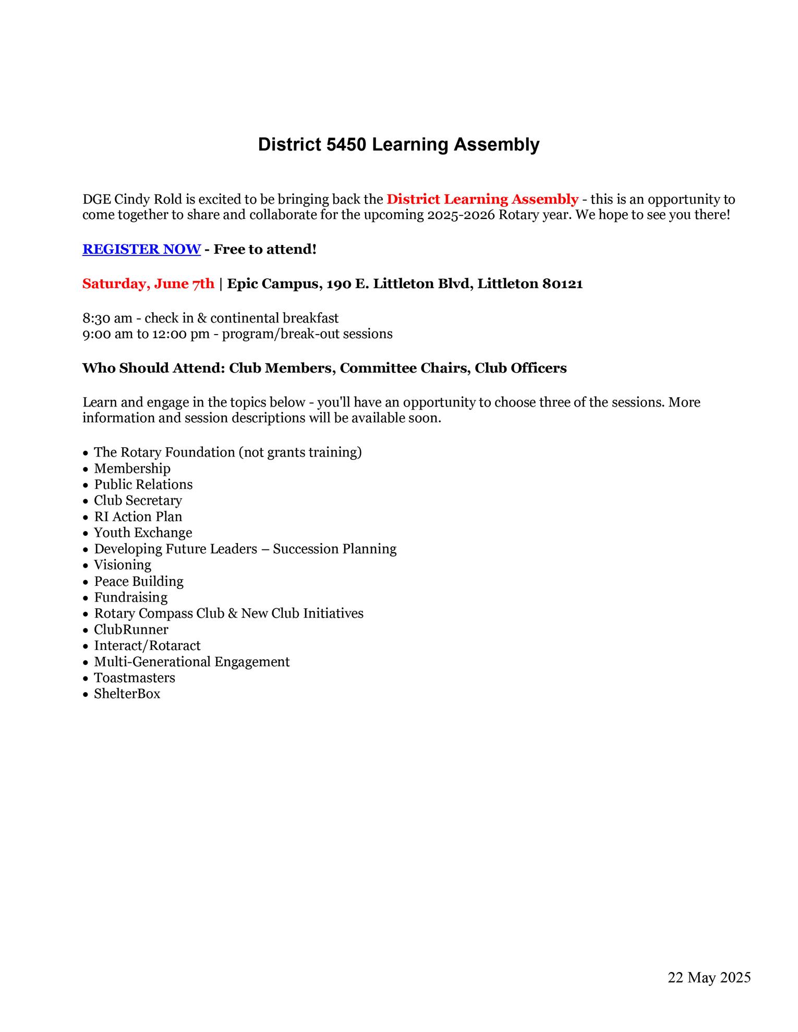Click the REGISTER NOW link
tap(141, 249)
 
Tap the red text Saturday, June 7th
tap(148, 284)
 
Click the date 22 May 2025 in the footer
tap(709, 977)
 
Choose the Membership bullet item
tap(132, 469)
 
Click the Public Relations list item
tap(143, 485)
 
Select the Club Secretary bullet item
tap(138, 501)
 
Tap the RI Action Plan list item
tap(138, 517)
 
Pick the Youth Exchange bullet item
tap(143, 533)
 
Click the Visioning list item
tap(123, 565)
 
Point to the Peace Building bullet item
tap(139, 581)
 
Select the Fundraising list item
tap(130, 597)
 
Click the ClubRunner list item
tap(131, 630)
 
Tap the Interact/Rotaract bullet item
tap(147, 646)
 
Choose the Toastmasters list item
tap(135, 678)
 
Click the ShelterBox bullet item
tap(127, 694)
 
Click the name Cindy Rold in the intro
tap(148, 199)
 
